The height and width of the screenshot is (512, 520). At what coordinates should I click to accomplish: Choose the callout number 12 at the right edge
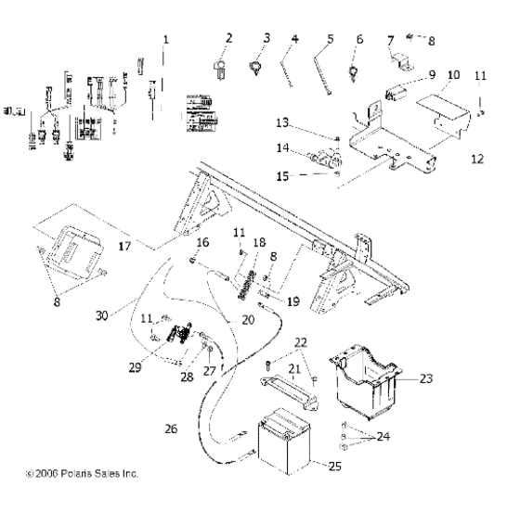tap(477, 159)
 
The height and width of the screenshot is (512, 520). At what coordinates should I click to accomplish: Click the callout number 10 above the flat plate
tap(453, 73)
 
